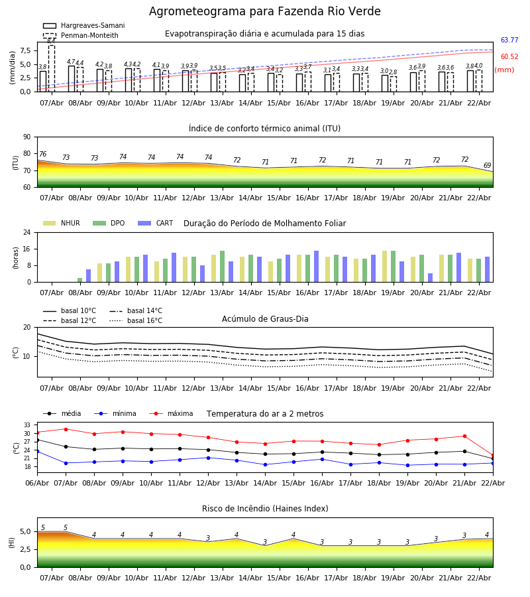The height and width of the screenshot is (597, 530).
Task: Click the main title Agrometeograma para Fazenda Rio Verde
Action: click(265, 12)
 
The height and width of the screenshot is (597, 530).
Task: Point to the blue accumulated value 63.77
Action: click(509, 40)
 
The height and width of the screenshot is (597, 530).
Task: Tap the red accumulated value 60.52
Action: click(509, 57)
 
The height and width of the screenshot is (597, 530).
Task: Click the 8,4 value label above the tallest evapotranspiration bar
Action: click(51, 41)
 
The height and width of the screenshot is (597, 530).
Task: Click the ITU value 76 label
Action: click(42, 155)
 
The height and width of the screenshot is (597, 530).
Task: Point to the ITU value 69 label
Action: click(487, 166)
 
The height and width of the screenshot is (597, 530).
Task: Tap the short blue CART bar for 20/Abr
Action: click(430, 277)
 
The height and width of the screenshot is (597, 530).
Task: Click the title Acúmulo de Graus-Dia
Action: click(265, 319)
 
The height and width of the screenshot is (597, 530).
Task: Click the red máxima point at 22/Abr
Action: click(492, 456)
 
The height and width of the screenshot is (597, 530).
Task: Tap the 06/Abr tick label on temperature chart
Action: click(37, 482)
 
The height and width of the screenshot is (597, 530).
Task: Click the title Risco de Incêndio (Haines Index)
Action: click(265, 509)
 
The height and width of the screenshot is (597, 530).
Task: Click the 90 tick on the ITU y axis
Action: click(26, 137)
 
